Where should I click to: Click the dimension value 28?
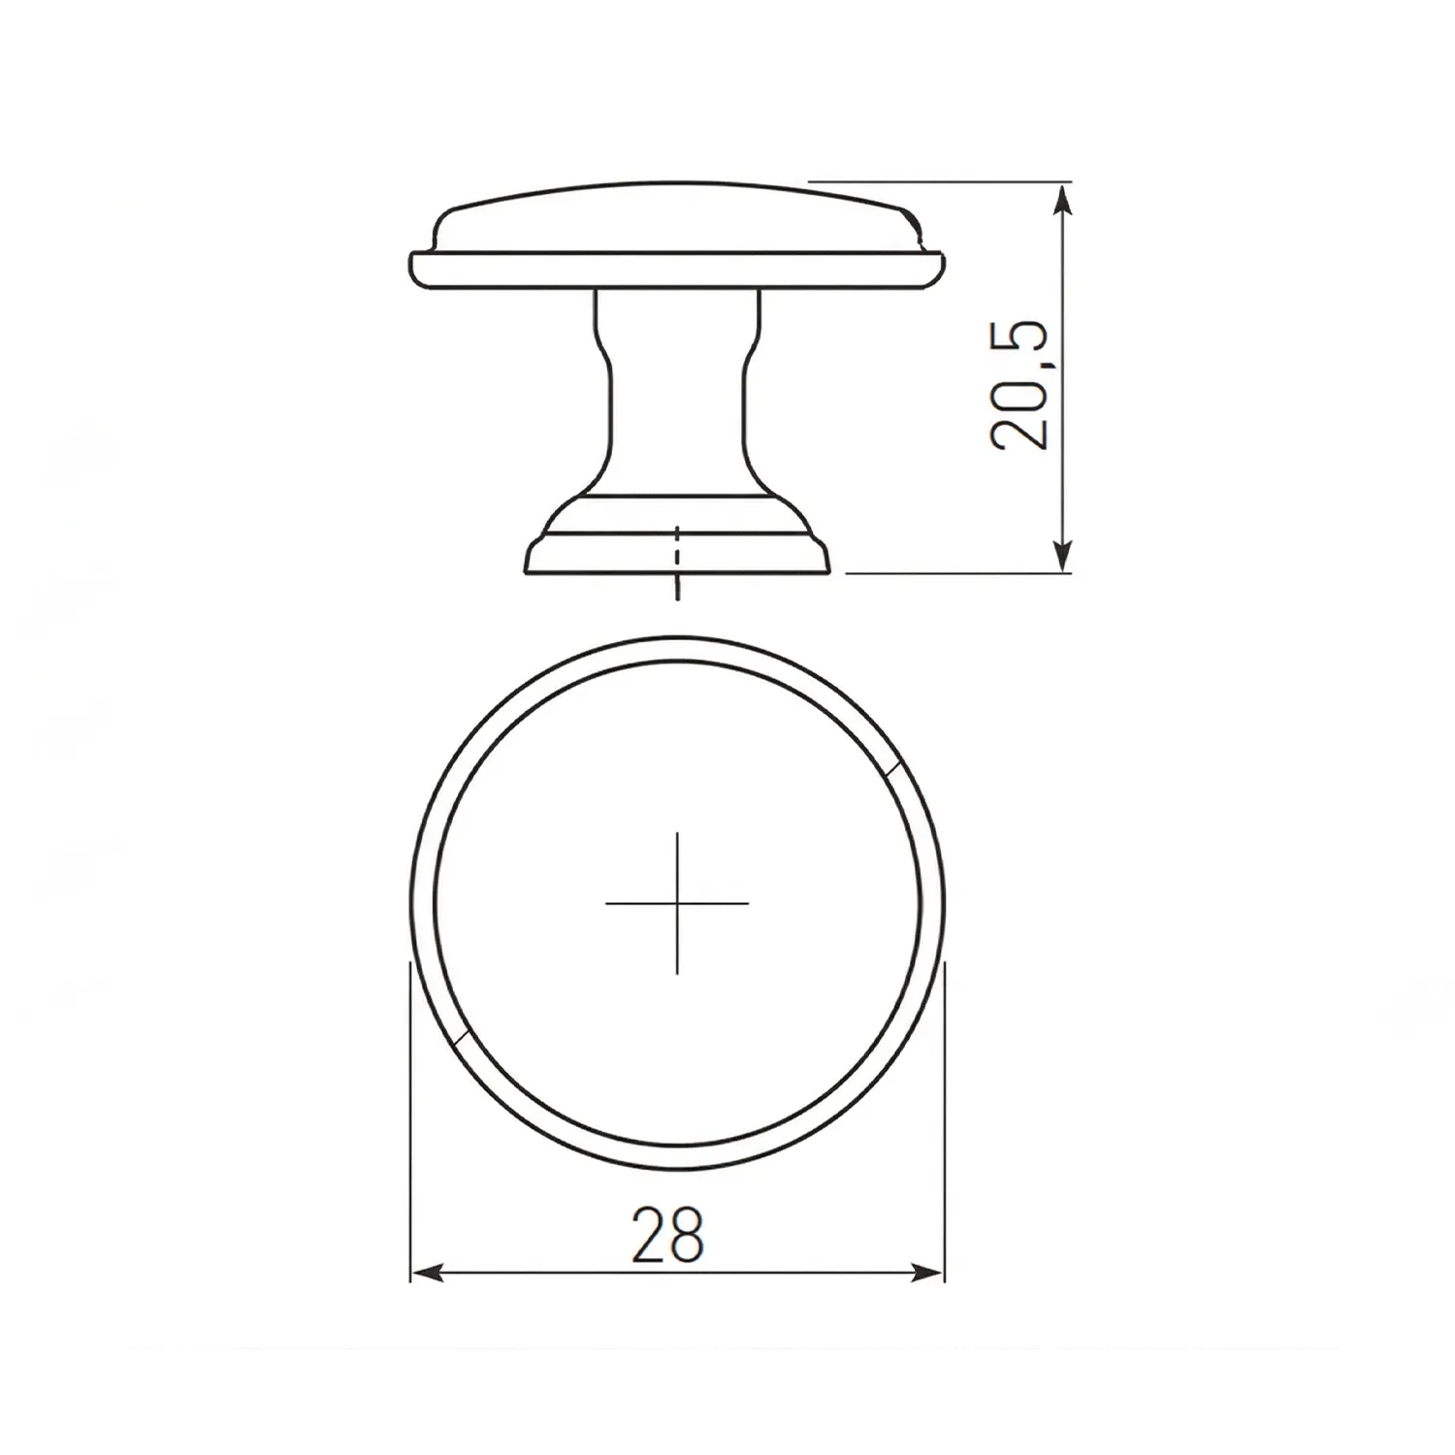pos(667,1234)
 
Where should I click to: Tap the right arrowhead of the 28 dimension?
pos(928,1273)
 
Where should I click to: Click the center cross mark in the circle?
pos(677,903)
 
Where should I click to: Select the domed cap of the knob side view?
pos(677,217)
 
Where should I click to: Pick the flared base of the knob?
pos(677,538)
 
